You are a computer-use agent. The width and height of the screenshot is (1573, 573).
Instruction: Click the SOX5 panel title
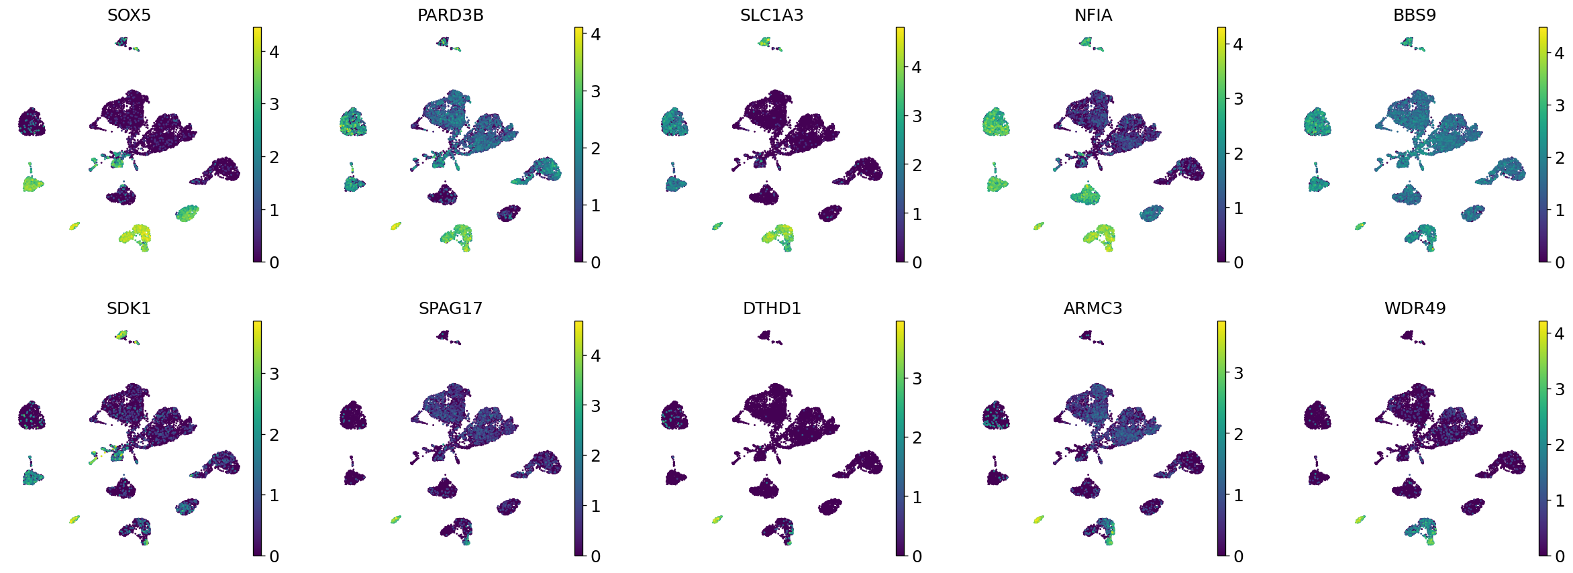[x=129, y=15]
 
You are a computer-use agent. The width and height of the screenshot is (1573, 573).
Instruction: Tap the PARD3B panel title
[x=450, y=15]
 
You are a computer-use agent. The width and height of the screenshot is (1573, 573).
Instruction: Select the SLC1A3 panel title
[x=772, y=15]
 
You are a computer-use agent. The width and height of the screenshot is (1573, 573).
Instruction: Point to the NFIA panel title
[x=1093, y=15]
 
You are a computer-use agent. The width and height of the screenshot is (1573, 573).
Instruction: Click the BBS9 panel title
[x=1415, y=15]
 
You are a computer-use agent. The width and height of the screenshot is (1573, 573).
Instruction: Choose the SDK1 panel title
[x=129, y=309]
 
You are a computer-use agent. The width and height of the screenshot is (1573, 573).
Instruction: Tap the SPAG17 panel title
[x=450, y=309]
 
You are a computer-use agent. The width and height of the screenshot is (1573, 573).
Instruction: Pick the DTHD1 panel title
[x=772, y=309]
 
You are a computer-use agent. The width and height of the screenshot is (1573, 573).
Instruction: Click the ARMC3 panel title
[x=1093, y=309]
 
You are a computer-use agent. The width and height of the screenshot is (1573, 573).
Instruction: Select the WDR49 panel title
[x=1415, y=309]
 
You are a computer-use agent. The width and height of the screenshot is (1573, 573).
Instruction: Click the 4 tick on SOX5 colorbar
[x=273, y=52]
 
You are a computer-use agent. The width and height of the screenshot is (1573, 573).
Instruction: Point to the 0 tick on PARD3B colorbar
[x=595, y=262]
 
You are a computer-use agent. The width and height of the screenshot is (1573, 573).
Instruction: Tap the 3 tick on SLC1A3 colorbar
[x=916, y=116]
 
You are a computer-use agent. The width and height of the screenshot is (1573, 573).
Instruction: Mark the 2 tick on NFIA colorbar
[x=1237, y=154]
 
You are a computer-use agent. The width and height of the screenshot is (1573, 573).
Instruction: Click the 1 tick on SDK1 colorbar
[x=273, y=495]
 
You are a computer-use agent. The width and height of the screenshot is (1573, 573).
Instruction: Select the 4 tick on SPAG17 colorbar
[x=595, y=356]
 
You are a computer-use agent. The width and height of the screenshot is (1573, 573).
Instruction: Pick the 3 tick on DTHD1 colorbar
[x=916, y=378]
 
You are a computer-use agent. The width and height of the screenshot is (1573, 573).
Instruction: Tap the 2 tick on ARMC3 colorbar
[x=1237, y=434]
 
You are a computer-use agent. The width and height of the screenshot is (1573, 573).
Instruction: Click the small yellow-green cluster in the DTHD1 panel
[x=717, y=519]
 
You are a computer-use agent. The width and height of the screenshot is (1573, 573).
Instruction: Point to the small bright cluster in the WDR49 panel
[x=1360, y=519]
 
